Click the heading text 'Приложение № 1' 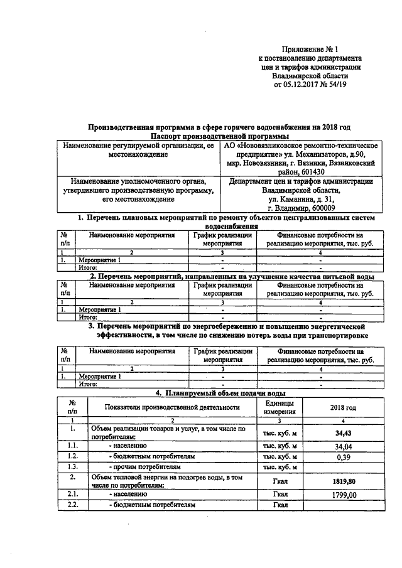[x=311, y=48]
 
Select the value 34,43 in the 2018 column [x=342, y=433]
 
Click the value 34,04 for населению [x=342, y=446]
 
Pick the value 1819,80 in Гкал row [x=342, y=481]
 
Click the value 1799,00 [x=342, y=495]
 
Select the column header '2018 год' [x=342, y=408]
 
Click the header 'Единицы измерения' [x=279, y=407]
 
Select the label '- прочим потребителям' [x=144, y=468]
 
